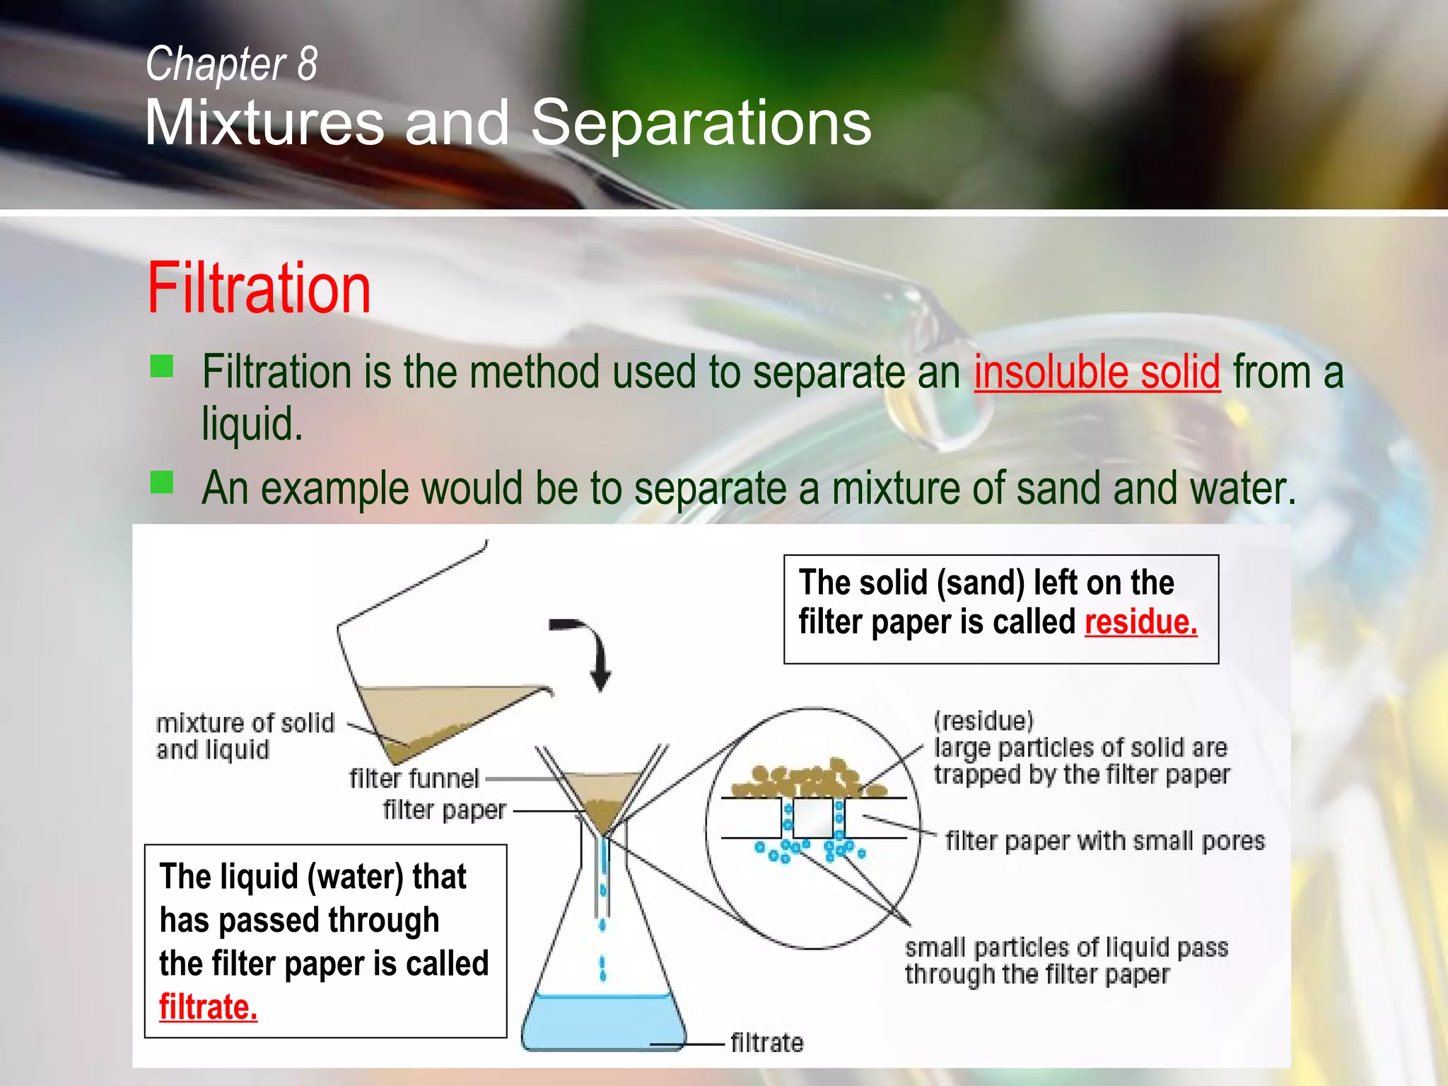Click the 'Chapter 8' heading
click(x=231, y=64)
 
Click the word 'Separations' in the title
click(x=701, y=123)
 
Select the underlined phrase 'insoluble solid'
click(x=1097, y=372)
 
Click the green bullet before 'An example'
click(x=162, y=483)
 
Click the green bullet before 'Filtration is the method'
click(x=162, y=366)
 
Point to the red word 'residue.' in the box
click(x=1140, y=622)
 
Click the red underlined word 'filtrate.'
click(x=208, y=1007)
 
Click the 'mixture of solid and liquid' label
click(x=245, y=736)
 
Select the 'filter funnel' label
click(x=414, y=778)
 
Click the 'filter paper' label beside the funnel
click(x=444, y=810)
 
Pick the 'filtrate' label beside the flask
click(x=766, y=1043)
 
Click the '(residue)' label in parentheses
click(x=983, y=721)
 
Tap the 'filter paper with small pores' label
click(x=1105, y=841)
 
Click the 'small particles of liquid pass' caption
click(x=1066, y=947)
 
